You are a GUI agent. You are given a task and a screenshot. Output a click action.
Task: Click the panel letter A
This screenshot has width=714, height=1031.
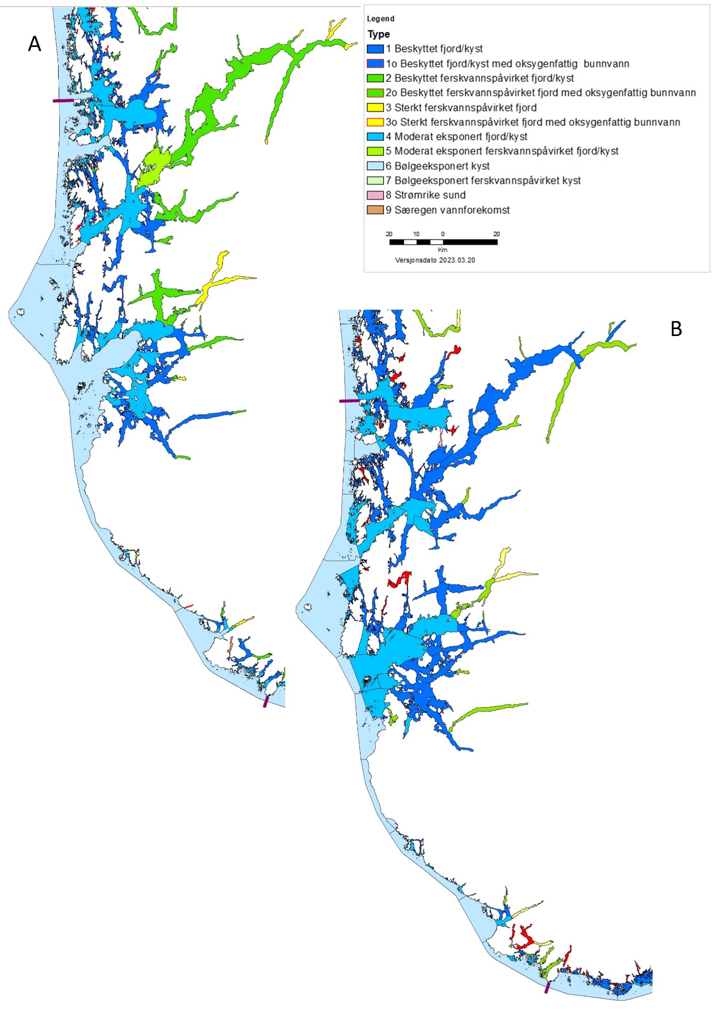[x=34, y=44]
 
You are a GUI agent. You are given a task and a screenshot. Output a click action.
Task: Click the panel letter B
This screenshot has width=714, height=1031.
[x=676, y=329]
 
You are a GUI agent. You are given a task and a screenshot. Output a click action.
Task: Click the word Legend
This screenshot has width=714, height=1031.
[x=380, y=19]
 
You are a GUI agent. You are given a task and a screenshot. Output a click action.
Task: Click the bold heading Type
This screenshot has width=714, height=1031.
[x=379, y=34]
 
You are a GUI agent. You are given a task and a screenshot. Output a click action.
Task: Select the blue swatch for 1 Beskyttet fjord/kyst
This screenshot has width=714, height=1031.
[x=375, y=49]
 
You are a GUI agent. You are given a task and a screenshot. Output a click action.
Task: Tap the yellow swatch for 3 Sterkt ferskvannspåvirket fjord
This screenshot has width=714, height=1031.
[x=375, y=107]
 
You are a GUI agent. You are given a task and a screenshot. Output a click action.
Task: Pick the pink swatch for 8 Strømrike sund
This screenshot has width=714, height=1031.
[x=375, y=195]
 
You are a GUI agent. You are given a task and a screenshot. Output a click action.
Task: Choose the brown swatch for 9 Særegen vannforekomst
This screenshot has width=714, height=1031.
[x=375, y=210]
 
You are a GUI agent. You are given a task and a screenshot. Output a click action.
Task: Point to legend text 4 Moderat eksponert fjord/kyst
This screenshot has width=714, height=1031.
[x=456, y=137]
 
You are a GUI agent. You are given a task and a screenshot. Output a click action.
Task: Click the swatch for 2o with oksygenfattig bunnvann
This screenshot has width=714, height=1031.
[x=375, y=93]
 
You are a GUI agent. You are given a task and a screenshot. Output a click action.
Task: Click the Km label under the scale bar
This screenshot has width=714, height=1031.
[x=442, y=250]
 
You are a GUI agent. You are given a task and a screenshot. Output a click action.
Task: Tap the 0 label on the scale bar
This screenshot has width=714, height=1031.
[x=443, y=234]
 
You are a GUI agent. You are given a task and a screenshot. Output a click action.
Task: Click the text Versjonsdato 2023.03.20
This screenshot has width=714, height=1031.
[x=435, y=260]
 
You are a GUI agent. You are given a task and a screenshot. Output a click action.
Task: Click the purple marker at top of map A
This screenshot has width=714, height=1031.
[x=63, y=100]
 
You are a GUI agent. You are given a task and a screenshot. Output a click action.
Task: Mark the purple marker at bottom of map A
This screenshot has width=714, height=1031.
[x=265, y=701]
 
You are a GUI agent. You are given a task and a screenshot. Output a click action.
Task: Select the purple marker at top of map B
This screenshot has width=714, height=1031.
[x=349, y=401]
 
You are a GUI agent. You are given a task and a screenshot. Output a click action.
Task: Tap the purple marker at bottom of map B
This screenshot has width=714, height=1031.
[x=547, y=988]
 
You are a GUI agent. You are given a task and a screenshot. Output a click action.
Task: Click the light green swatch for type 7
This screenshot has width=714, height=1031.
[x=375, y=181]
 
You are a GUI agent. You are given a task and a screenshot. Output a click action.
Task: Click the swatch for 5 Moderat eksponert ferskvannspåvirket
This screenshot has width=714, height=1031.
[x=375, y=151]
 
